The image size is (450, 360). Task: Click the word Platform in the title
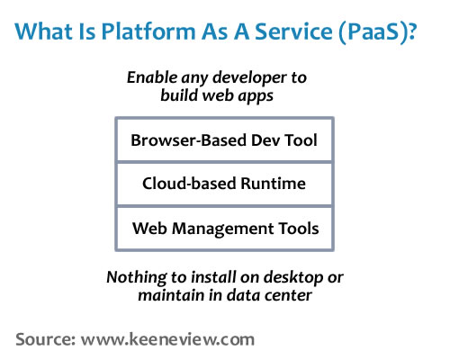pyautogui.click(x=148, y=31)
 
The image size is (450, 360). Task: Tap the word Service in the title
pyautogui.click(x=293, y=31)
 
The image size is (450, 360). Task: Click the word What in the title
pyautogui.click(x=43, y=31)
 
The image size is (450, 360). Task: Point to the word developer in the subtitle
pyautogui.click(x=249, y=78)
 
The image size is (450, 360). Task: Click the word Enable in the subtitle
pyautogui.click(x=152, y=77)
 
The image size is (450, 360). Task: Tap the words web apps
pyautogui.click(x=238, y=96)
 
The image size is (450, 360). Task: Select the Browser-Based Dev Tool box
pyautogui.click(x=224, y=140)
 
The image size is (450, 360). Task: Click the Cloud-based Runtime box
pyautogui.click(x=224, y=184)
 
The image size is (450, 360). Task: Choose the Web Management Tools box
pyautogui.click(x=224, y=229)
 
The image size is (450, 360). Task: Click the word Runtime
pyautogui.click(x=273, y=184)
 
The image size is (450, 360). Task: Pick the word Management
pyautogui.click(x=223, y=229)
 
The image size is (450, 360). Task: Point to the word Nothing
pyautogui.click(x=136, y=278)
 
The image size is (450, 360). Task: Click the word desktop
pyautogui.click(x=293, y=278)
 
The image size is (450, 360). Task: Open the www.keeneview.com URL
pyautogui.click(x=167, y=339)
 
